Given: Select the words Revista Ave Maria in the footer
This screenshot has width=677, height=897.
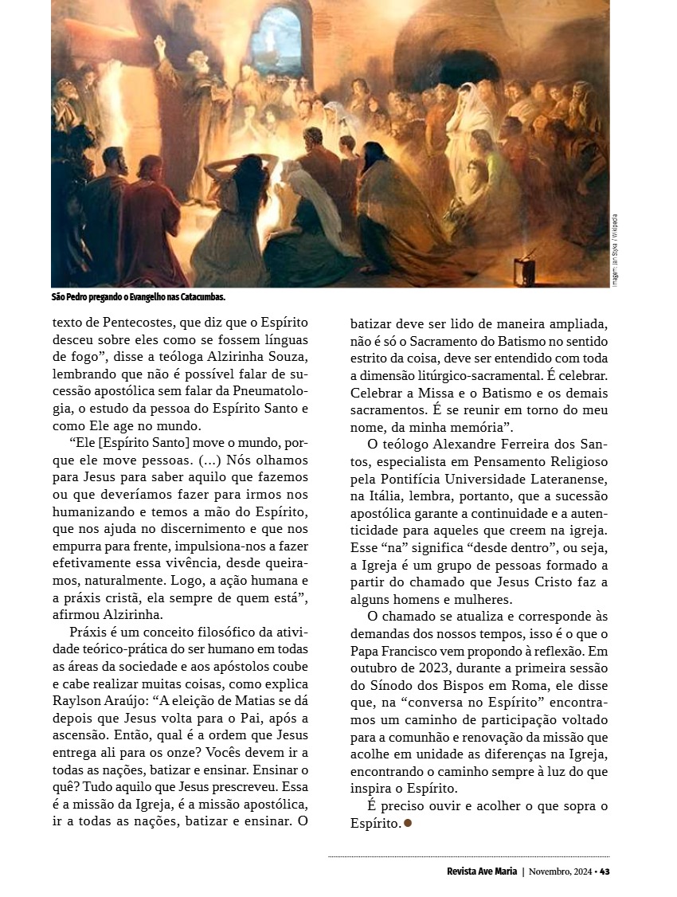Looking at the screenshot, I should point(481,871).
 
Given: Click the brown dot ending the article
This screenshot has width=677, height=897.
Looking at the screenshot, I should point(408,823).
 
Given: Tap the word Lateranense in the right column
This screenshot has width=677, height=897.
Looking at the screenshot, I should point(569,479).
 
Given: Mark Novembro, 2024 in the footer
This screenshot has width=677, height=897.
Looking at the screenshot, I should point(562,871).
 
